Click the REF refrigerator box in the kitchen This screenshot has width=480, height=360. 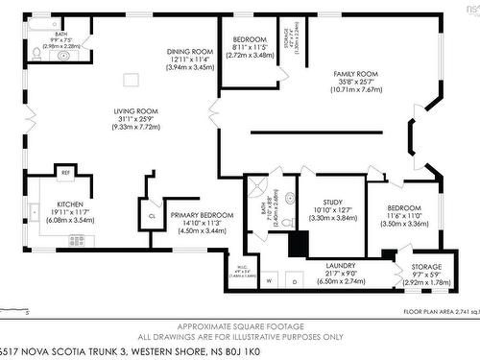65,173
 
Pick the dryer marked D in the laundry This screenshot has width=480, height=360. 294,281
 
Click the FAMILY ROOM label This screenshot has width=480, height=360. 354,73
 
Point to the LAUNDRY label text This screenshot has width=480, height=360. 341,265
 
